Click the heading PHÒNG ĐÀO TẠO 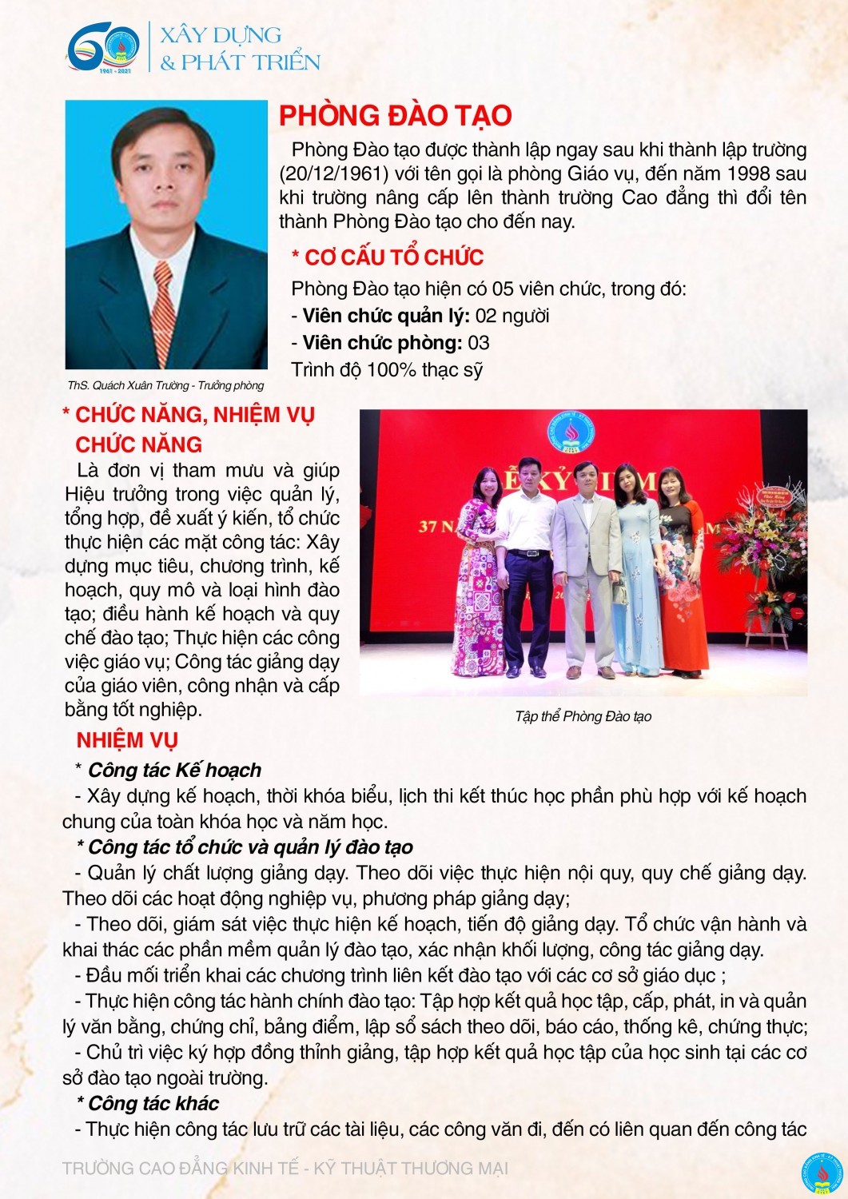coord(395,116)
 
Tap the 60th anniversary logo coord(103,49)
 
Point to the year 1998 coord(748,173)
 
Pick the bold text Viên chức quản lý coord(386,316)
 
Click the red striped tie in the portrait coord(164,312)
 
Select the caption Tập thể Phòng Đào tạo coord(583,716)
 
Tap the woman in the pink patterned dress coord(480,576)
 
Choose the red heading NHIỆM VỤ coord(127,740)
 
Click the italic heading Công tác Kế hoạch coord(174,770)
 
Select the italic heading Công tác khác coord(153,1103)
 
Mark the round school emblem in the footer coord(823,1173)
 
